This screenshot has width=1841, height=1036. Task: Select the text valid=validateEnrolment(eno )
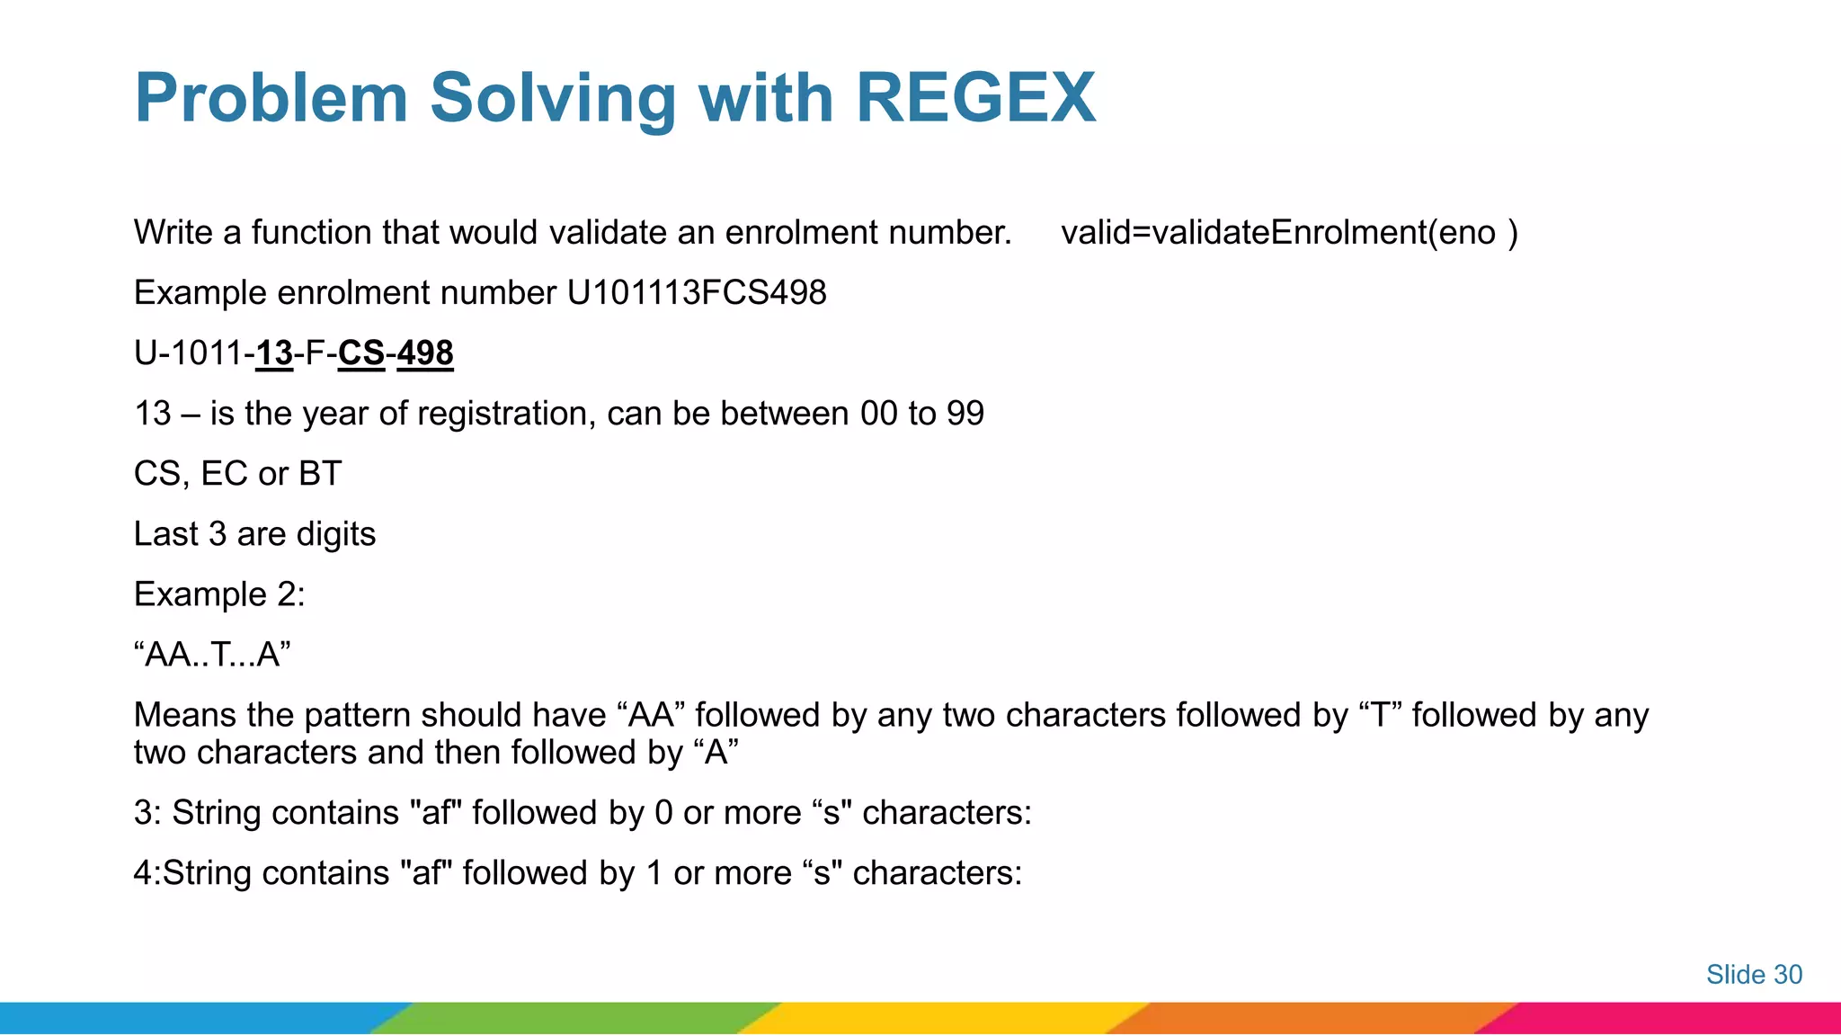[x=1289, y=233]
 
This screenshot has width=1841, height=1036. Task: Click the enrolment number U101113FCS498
[x=697, y=293]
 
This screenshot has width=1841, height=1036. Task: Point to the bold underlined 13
[x=274, y=353]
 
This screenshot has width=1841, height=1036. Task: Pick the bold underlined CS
[x=361, y=353]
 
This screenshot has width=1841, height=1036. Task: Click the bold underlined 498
[x=425, y=353]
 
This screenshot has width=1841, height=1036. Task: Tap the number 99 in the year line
[x=965, y=414]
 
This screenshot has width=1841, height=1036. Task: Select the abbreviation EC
[x=224, y=474]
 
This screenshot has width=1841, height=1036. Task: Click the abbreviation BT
[x=320, y=474]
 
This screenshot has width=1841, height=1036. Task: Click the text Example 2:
[x=219, y=594]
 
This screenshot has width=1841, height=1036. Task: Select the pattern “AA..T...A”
[x=212, y=655]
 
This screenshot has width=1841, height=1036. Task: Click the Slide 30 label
[x=1754, y=975]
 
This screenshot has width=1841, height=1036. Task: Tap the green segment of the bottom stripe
[x=575, y=1018]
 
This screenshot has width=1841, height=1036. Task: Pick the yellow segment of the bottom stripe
[x=944, y=1018]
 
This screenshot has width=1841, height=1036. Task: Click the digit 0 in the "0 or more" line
[x=663, y=813]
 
